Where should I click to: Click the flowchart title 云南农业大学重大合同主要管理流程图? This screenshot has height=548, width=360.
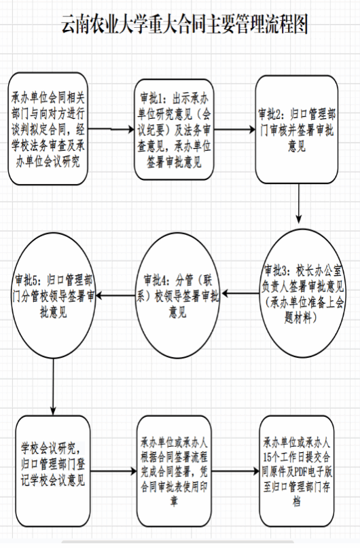185,24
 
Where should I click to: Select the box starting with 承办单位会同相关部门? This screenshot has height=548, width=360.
48,128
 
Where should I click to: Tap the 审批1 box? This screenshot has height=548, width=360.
174,130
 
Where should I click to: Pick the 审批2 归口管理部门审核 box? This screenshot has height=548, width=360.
297,129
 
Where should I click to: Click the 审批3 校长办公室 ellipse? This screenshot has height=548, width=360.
302,293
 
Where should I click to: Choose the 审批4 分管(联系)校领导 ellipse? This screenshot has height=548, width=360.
177,295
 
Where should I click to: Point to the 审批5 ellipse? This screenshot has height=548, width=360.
54,295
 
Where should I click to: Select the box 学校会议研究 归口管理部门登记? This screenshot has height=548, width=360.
53,471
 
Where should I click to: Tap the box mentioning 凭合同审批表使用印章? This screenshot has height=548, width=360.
174,471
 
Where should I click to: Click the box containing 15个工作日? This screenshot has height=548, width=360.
297,471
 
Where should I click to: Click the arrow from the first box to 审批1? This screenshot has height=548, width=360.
111,129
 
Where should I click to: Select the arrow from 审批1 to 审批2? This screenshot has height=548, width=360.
234,130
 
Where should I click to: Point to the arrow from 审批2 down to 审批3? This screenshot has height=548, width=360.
298,204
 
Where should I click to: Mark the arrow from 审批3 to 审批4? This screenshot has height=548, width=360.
241,293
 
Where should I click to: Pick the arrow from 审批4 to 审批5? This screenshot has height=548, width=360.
115,295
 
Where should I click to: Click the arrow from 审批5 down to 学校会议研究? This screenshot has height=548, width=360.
53,387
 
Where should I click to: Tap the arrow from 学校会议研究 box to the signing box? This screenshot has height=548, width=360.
113,471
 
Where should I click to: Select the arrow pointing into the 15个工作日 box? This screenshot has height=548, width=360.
236,471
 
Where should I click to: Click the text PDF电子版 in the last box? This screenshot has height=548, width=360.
313,472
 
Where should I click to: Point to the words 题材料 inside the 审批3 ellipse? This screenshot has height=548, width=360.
298,318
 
